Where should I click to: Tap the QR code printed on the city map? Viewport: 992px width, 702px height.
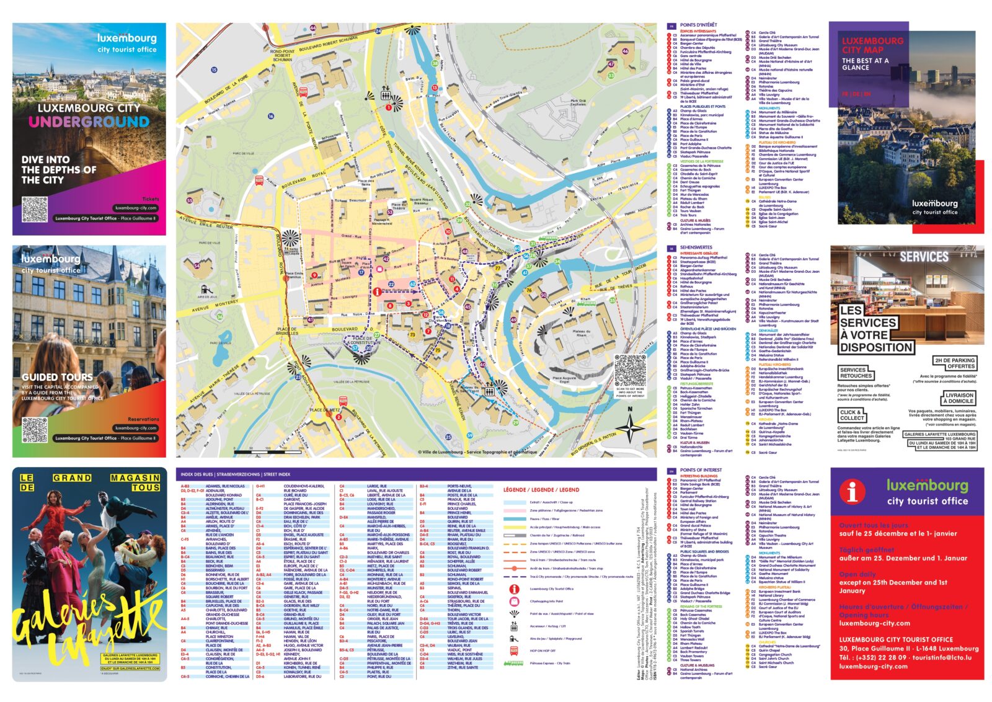[630, 370]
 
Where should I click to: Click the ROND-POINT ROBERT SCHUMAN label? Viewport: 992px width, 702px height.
[282, 56]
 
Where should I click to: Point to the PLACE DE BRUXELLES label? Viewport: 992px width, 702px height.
[287, 331]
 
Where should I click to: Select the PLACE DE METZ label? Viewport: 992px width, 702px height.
[325, 410]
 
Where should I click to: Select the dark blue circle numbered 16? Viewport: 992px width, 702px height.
[271, 116]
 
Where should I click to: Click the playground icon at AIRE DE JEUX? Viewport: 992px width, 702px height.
[207, 290]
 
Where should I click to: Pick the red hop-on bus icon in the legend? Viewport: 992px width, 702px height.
[514, 651]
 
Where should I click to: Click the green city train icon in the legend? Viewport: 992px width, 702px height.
[514, 663]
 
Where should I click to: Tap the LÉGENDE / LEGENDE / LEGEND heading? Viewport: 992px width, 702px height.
[541, 489]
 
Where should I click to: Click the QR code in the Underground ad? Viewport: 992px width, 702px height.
[35, 210]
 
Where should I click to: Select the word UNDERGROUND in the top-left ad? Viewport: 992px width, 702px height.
[89, 122]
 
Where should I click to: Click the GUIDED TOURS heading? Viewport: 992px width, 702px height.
[57, 377]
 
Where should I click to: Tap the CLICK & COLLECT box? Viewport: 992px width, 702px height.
[852, 415]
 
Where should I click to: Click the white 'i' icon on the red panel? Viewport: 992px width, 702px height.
[852, 492]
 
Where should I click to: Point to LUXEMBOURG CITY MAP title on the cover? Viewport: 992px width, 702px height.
[872, 45]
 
